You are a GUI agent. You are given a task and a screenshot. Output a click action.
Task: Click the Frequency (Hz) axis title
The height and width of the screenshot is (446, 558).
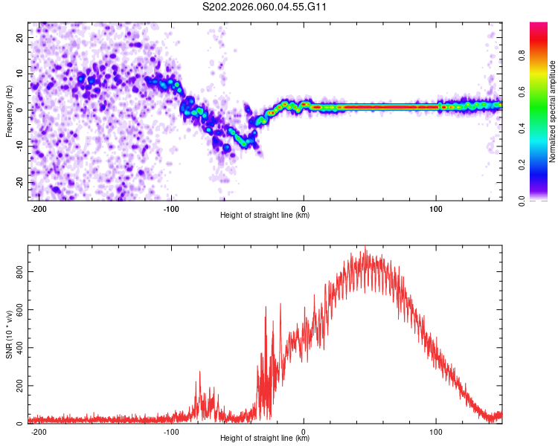[9, 110]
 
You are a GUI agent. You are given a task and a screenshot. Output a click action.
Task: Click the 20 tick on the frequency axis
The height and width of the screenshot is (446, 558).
[21, 37]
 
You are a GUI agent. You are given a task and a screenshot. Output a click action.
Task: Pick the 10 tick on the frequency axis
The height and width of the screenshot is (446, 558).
[21, 74]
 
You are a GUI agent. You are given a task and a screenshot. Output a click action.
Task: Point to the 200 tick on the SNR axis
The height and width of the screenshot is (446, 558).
[20, 386]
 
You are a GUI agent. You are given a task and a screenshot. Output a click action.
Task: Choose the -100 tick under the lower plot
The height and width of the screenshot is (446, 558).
[172, 432]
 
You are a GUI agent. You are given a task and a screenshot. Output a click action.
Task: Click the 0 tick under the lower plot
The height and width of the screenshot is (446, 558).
[304, 432]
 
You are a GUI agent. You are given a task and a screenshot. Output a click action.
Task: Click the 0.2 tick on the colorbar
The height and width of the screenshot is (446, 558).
[522, 164]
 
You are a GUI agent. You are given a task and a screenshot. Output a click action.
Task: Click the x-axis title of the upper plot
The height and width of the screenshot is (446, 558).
[265, 216]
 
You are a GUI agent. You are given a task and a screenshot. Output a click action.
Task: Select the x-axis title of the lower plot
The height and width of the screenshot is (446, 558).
[265, 439]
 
